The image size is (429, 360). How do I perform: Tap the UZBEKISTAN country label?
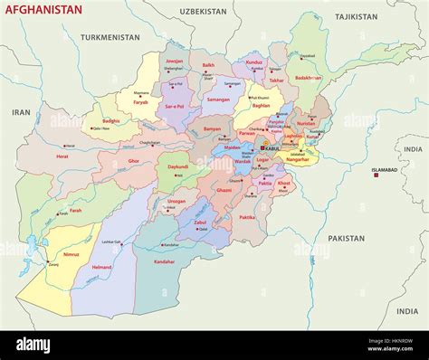click(x=202, y=12)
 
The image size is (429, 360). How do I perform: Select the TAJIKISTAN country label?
click(x=356, y=17)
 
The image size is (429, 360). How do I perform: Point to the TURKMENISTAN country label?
click(x=110, y=38)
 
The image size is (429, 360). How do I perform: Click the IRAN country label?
click(x=21, y=111)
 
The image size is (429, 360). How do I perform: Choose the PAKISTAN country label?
click(x=346, y=239)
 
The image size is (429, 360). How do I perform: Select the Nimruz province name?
click(x=71, y=255)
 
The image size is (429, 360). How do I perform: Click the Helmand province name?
click(x=102, y=268)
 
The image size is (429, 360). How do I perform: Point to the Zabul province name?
click(x=200, y=222)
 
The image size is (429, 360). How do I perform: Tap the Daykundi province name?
click(x=177, y=166)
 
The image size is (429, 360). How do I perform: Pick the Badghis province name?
click(x=110, y=120)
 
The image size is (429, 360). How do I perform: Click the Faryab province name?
click(x=140, y=102)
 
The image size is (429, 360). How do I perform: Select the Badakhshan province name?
click(x=308, y=78)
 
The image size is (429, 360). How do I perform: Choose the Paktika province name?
click(x=246, y=217)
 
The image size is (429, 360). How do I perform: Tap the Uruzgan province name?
click(x=176, y=202)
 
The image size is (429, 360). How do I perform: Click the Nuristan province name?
click(x=306, y=123)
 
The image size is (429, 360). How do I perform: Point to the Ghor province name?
click(x=134, y=160)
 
